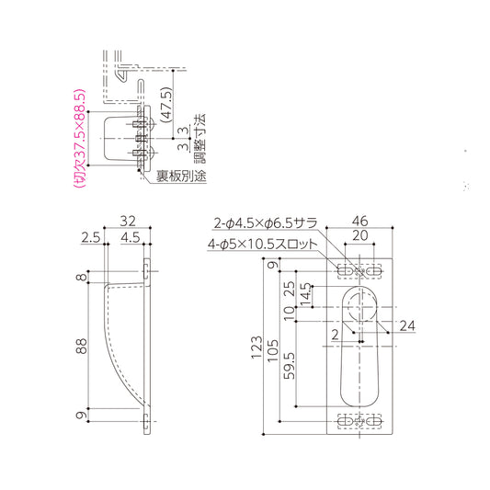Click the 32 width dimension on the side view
click(128, 222)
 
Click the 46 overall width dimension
click(359, 222)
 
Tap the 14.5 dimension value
click(304, 299)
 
